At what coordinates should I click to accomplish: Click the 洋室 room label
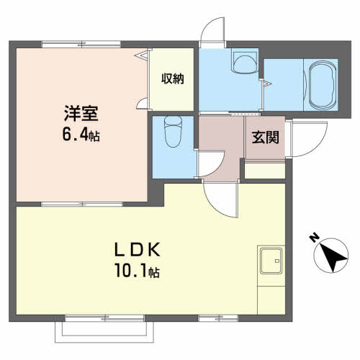(81, 113)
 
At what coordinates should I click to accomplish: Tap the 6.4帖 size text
(81, 135)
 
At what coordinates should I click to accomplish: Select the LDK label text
(137, 250)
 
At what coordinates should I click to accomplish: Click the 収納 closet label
(173, 78)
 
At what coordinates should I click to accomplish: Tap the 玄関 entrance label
(266, 138)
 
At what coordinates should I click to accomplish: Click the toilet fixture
(173, 132)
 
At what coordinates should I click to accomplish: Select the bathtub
(322, 85)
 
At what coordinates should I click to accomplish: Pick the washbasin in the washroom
(244, 61)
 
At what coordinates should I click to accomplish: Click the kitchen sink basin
(271, 261)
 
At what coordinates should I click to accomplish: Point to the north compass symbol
(331, 256)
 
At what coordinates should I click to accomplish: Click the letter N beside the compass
(314, 237)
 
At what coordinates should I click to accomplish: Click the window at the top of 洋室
(81, 45)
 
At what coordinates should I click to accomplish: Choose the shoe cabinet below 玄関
(265, 171)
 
